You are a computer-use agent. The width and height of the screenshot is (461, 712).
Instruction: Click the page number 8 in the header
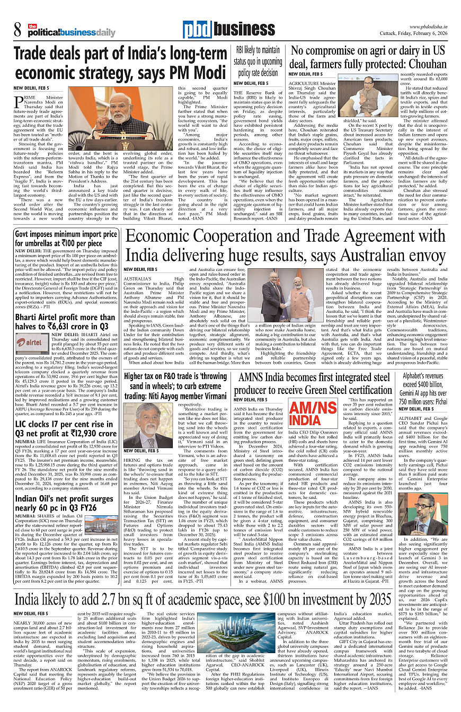coord(17,29)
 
